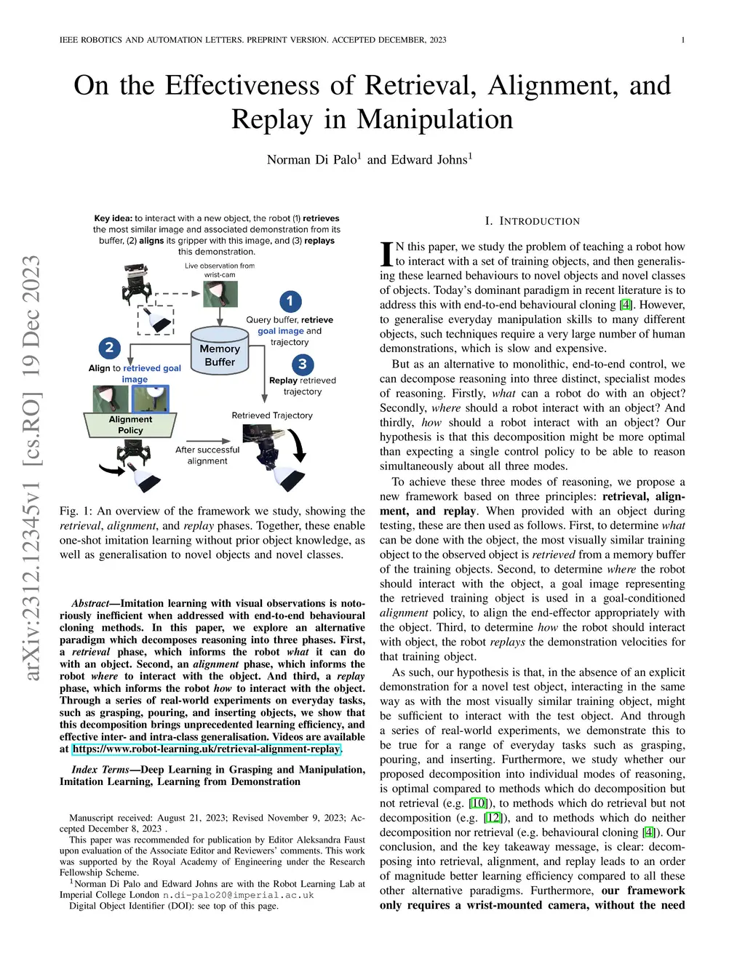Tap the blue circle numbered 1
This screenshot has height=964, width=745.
point(290,300)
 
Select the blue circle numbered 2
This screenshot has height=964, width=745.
point(109,347)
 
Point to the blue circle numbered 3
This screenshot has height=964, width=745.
point(303,364)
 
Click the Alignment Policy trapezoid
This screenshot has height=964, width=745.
point(131,425)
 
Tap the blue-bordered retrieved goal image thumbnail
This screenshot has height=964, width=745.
point(151,399)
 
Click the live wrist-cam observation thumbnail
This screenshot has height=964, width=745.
point(220,295)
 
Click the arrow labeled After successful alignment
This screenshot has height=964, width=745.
point(208,440)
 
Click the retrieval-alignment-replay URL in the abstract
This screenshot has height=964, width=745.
point(206,749)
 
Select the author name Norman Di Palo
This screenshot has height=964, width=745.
point(311,159)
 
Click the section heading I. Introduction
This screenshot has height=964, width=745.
point(533,221)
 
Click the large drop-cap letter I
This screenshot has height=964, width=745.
point(386,254)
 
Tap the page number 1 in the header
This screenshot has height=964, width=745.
point(682,40)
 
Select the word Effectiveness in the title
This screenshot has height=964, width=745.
point(242,86)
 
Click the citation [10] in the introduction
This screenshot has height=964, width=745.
point(477,803)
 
